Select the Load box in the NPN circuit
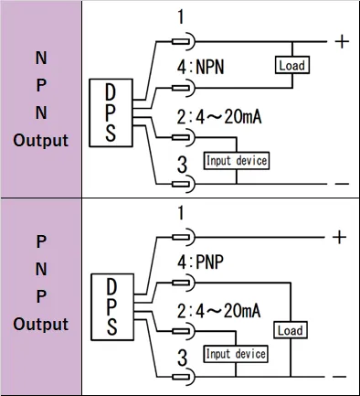[291, 65]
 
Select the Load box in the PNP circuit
[291, 330]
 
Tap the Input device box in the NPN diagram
[237, 161]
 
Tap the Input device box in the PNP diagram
[236, 354]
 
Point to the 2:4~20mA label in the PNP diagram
[218, 310]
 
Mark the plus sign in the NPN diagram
[342, 41]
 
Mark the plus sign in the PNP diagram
[340, 237]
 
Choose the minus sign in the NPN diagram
[342, 184]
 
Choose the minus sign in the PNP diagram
[340, 376]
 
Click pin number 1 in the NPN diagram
[181, 17]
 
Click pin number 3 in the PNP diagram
[181, 356]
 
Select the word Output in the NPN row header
[41, 141]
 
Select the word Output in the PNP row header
[41, 324]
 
